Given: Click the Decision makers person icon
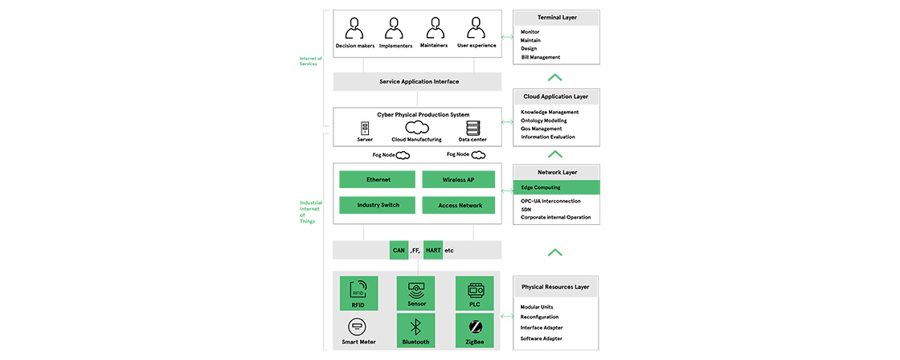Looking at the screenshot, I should coord(354,29).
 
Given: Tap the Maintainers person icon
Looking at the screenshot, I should coord(434,29).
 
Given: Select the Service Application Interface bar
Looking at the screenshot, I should coord(418,82).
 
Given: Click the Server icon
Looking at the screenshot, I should coord(365,128).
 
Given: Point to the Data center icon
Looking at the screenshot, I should coord(472,128).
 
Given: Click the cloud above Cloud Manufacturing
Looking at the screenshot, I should coord(417,127).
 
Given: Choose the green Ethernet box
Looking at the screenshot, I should coord(378,179).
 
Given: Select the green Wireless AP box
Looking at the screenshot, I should coord(459,179).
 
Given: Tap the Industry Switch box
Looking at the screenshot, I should coord(378,206).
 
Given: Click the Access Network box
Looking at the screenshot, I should coord(459,206).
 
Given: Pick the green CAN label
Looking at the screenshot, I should coord(399,250).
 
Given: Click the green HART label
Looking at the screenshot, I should coord(432,250).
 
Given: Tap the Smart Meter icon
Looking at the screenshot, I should coord(358,326).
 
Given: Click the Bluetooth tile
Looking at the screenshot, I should coord(415,330).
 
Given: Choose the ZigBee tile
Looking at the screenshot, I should coord(474,330).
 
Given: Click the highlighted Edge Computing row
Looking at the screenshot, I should coord(557,187).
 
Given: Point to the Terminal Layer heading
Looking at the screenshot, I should coord(557,17).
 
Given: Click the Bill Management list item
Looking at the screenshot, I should coord(541,57).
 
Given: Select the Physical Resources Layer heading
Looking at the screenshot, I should coord(555,286).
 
